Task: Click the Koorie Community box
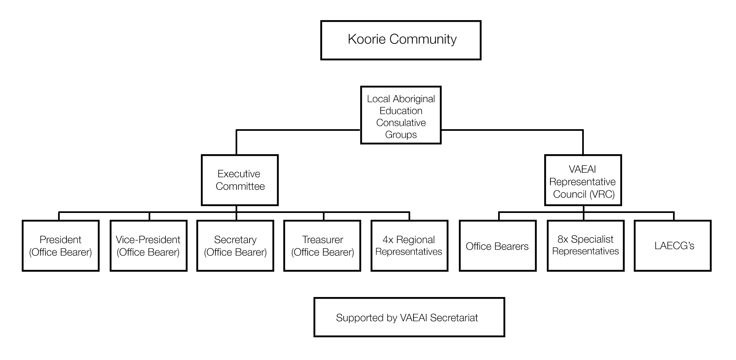tap(401, 40)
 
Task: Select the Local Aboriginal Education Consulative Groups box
tap(401, 115)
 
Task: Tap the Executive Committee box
tap(240, 180)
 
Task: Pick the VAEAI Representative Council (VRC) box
tap(583, 180)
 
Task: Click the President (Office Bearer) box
tap(61, 246)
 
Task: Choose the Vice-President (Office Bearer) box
tap(149, 246)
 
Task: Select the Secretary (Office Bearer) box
tap(235, 246)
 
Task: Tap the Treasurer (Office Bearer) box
tap(322, 246)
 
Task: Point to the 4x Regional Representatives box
tap(410, 246)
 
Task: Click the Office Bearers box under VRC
tap(498, 246)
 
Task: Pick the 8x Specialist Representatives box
tap(586, 246)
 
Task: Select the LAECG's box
tap(673, 246)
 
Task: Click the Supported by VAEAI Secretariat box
tap(409, 317)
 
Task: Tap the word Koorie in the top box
tap(367, 39)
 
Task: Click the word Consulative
tap(401, 123)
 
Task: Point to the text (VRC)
tap(602, 194)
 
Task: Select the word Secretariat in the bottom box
tap(454, 317)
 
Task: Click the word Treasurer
tap(323, 240)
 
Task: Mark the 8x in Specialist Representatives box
tap(563, 239)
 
